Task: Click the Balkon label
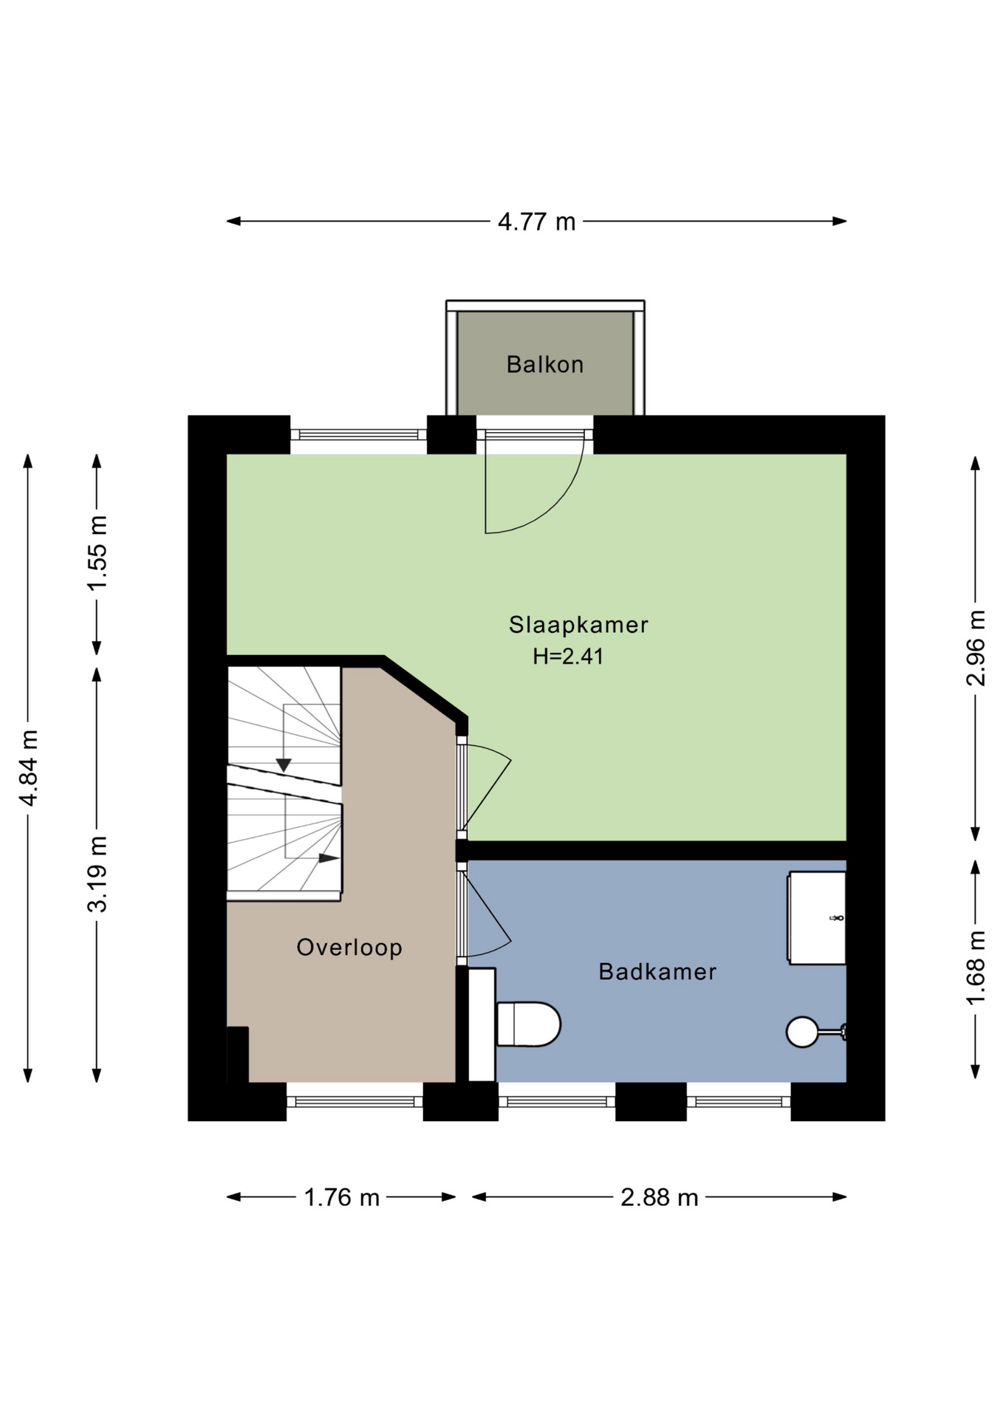click(x=544, y=364)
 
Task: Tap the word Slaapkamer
click(x=578, y=625)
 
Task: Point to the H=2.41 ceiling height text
click(x=568, y=656)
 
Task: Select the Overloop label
click(x=349, y=948)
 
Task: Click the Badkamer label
click(x=657, y=971)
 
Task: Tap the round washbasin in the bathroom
click(x=803, y=1032)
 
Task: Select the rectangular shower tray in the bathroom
click(x=817, y=918)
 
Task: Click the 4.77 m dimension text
click(x=536, y=222)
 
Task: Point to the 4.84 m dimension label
click(x=29, y=767)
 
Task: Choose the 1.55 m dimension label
click(x=97, y=553)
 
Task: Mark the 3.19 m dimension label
click(x=97, y=874)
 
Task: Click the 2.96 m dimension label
click(x=976, y=648)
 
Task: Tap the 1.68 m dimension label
click(x=976, y=967)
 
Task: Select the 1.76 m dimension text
click(x=342, y=1197)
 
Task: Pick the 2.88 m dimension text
click(x=659, y=1197)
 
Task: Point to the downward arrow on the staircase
click(x=284, y=765)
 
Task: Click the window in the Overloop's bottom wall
click(x=355, y=1101)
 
